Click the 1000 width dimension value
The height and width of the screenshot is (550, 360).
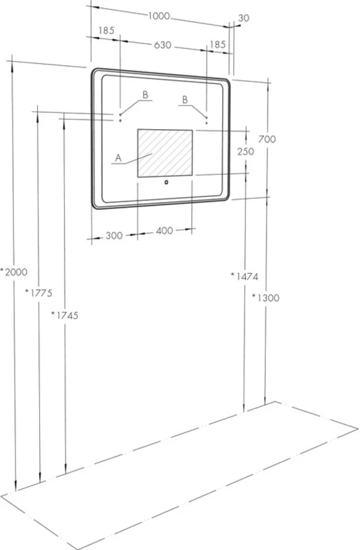click(x=159, y=16)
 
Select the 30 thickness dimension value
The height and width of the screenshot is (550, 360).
click(x=244, y=18)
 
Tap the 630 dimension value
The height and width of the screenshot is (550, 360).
click(x=163, y=45)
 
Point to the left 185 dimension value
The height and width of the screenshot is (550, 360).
click(x=107, y=31)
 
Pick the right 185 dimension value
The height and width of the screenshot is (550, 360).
click(x=218, y=45)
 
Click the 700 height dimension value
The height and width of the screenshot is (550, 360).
click(x=267, y=139)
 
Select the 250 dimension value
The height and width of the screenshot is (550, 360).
click(x=245, y=151)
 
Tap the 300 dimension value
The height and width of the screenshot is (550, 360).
click(x=114, y=236)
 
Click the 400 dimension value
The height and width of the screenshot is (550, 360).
click(x=164, y=231)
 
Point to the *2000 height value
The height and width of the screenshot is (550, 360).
click(x=14, y=272)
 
